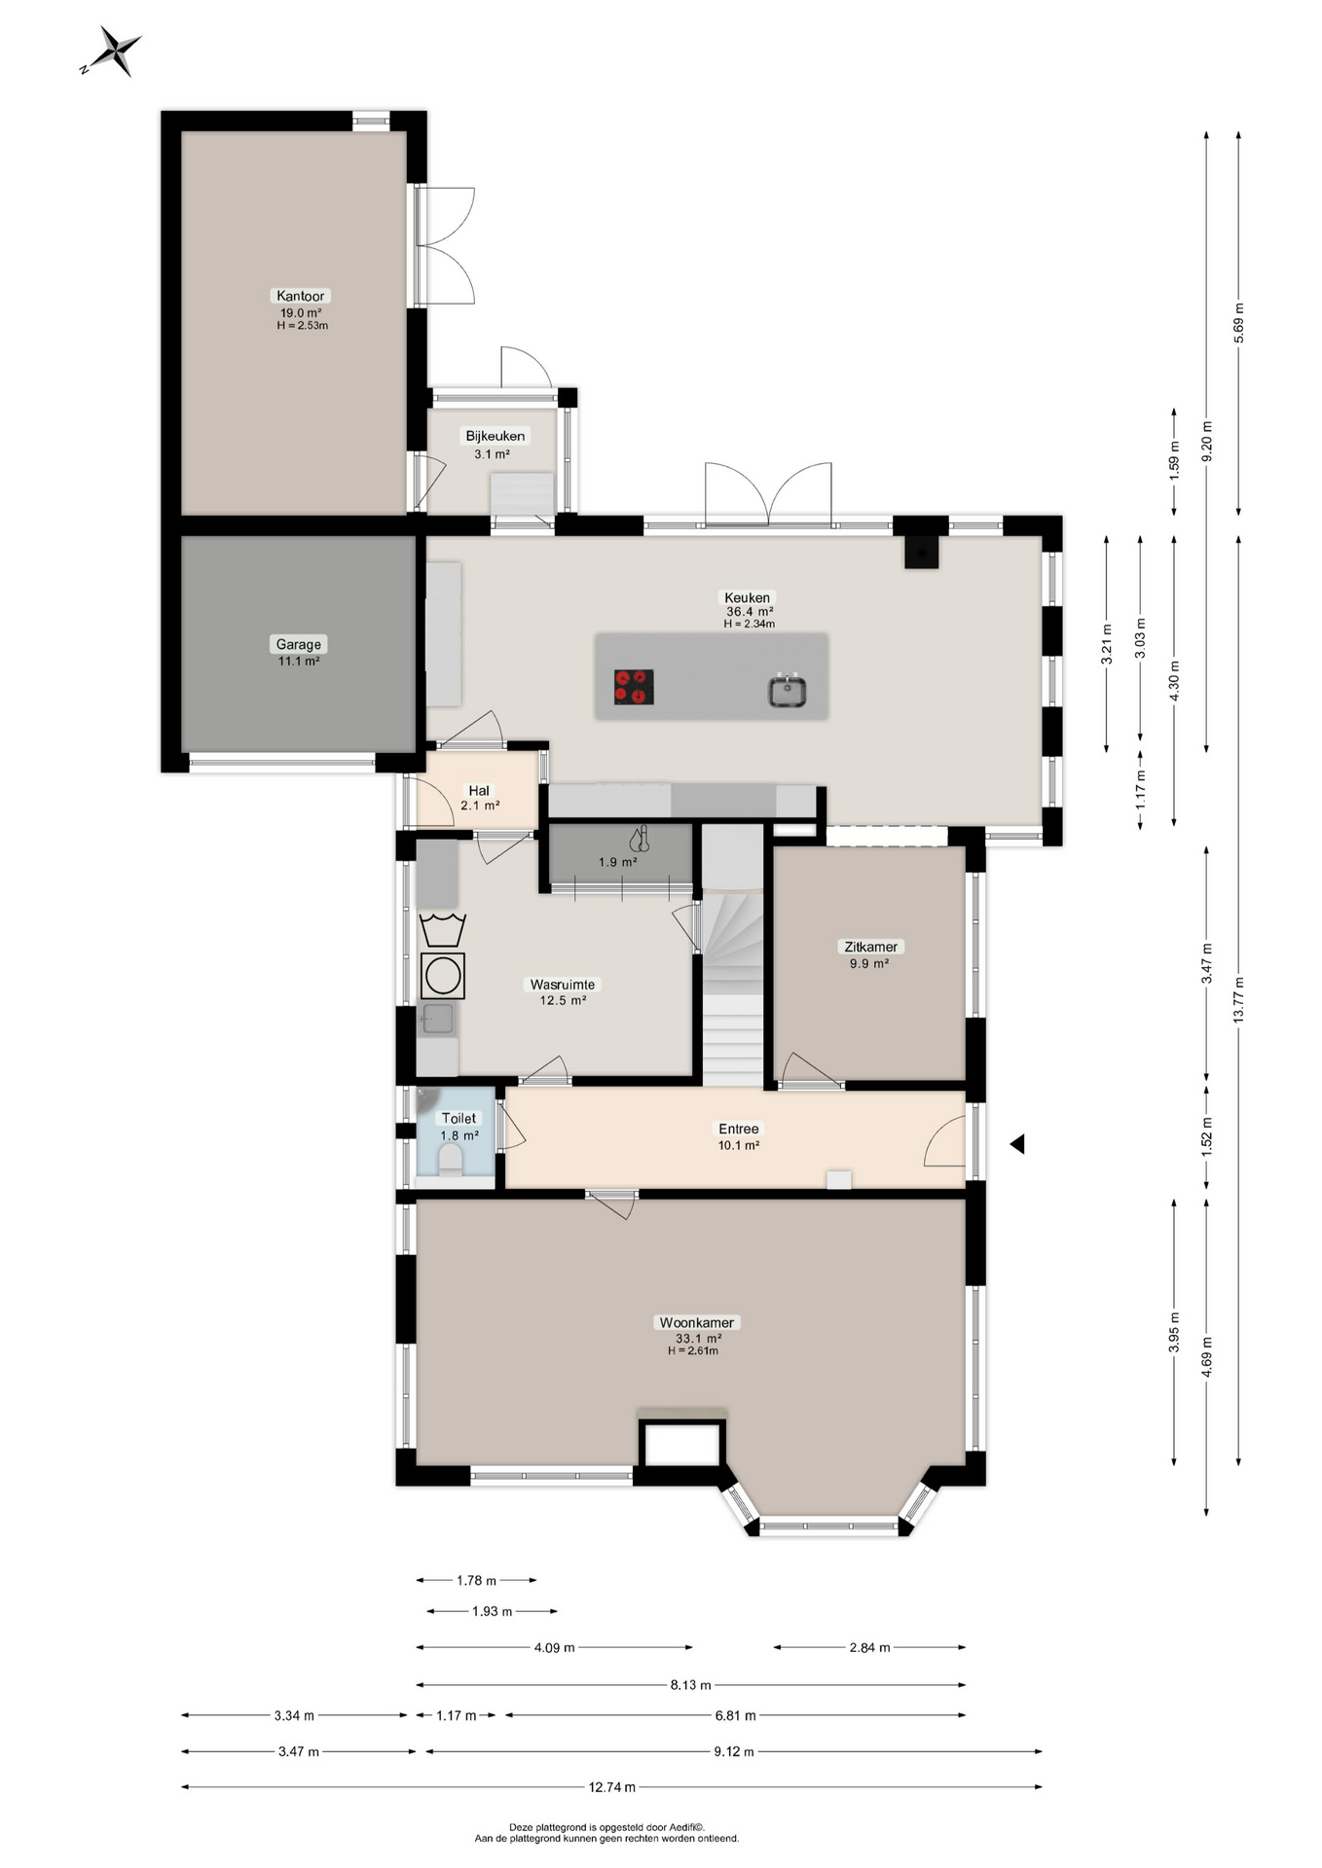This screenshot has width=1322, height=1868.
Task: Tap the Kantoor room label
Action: pyautogui.click(x=300, y=296)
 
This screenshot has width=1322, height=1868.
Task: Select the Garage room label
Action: pyautogui.click(x=298, y=644)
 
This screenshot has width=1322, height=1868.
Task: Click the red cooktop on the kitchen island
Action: pyautogui.click(x=634, y=687)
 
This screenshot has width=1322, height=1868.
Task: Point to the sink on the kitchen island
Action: pyautogui.click(x=787, y=691)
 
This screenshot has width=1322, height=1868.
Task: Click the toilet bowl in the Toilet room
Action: pyautogui.click(x=451, y=1160)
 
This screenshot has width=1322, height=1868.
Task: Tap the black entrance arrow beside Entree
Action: pyautogui.click(x=1017, y=1144)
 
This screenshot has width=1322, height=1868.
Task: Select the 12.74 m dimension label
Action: pyautogui.click(x=611, y=1787)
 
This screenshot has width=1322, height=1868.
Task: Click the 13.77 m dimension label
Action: pyautogui.click(x=1238, y=999)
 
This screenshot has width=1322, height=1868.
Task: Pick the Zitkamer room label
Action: pyautogui.click(x=871, y=947)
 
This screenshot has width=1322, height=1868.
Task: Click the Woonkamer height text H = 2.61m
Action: pyautogui.click(x=693, y=1350)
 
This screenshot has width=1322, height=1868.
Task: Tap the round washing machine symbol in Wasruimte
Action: pyautogui.click(x=443, y=976)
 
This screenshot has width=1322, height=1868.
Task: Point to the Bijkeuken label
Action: pyautogui.click(x=495, y=436)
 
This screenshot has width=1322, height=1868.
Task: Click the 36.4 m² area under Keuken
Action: pyautogui.click(x=750, y=612)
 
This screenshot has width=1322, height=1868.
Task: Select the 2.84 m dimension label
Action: pyautogui.click(x=869, y=1647)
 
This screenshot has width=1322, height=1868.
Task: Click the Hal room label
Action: pyautogui.click(x=479, y=791)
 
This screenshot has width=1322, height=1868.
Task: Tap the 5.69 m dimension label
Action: pyautogui.click(x=1238, y=323)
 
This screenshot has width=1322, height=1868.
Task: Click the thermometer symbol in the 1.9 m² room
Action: pyautogui.click(x=639, y=840)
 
